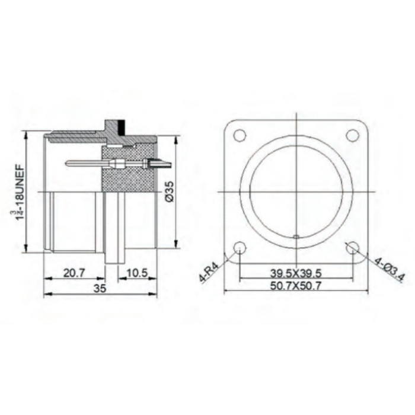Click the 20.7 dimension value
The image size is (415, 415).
coord(74,273)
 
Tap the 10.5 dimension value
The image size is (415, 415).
coord(137,273)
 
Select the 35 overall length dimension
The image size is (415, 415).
coord(100,288)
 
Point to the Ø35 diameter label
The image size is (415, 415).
coord(170,191)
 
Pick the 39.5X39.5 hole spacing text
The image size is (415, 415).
coord(296,273)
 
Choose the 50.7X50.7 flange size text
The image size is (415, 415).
coord(296,286)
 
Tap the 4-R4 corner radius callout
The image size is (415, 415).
coord(209,272)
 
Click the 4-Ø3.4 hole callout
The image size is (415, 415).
coord(390,270)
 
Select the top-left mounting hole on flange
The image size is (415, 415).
coord(240,135)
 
